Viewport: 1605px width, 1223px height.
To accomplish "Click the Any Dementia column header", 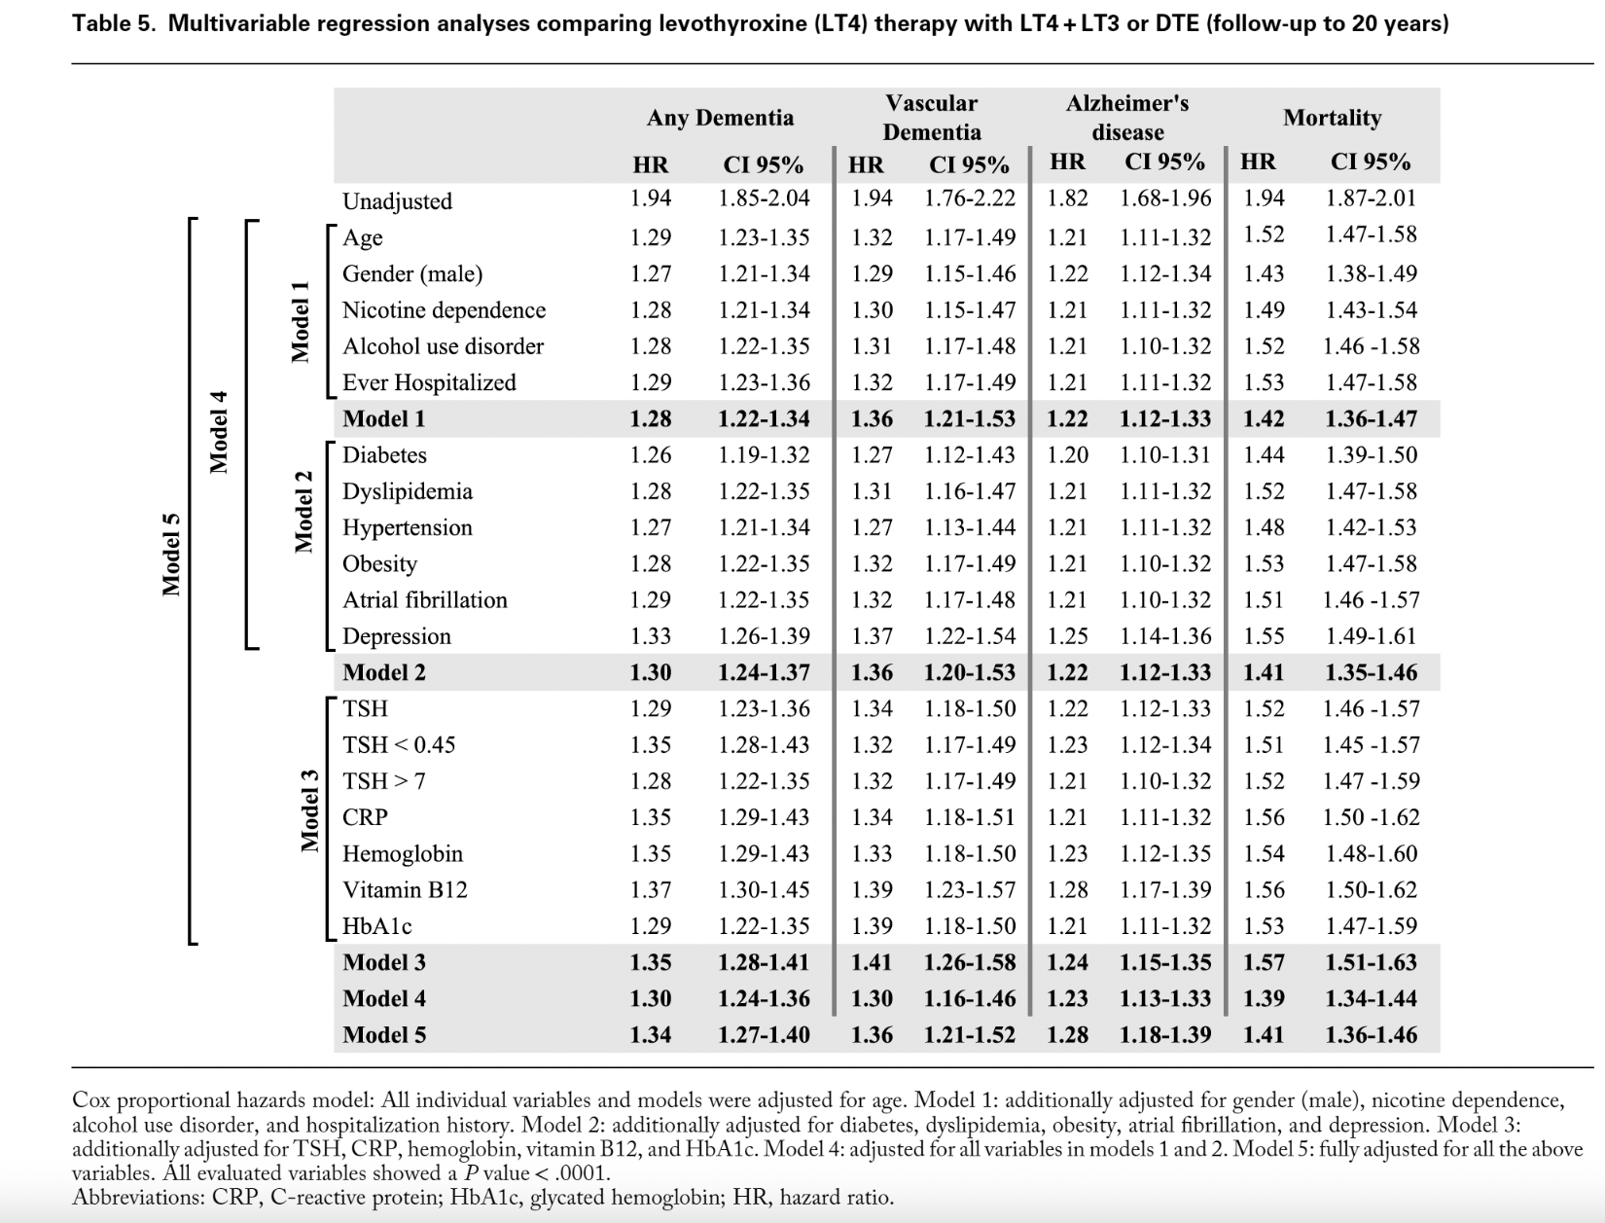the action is point(720,118).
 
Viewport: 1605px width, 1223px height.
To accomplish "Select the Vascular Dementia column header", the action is point(931,117).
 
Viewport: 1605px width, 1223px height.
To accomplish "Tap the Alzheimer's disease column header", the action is point(1126,117).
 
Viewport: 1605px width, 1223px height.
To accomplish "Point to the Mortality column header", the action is point(1333,118).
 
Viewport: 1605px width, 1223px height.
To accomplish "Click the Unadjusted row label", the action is point(397,200).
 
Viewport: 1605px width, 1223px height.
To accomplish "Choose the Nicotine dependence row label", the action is point(444,310).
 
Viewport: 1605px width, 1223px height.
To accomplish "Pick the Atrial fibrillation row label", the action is point(425,599).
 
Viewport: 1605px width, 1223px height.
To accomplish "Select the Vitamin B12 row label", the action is point(405,889).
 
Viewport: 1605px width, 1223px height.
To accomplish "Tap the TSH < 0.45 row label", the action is point(399,744).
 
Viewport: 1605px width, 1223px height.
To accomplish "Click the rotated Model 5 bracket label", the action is point(170,555).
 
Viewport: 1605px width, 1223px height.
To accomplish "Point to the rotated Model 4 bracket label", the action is point(218,432).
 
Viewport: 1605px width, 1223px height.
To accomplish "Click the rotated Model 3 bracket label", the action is point(310,810).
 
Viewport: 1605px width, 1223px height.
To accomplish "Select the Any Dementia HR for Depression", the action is point(650,636).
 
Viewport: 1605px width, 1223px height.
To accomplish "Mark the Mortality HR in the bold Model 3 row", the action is point(1264,962).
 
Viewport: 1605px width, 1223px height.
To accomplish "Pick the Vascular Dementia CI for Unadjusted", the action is point(970,198).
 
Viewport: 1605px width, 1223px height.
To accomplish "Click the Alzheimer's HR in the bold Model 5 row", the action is point(1067,1034).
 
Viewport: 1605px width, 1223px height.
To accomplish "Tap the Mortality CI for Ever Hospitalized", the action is point(1371,382).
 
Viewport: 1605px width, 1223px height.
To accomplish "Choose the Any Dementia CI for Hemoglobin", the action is point(764,853).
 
